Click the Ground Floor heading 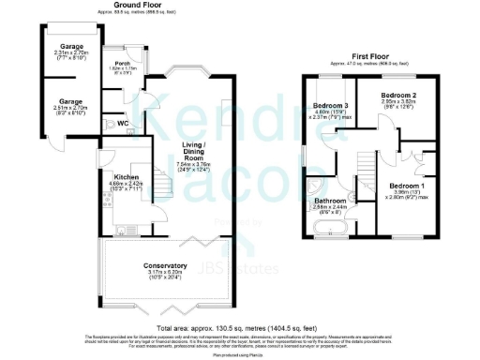(x=135, y=5)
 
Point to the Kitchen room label (x=127, y=176)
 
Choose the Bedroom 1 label (x=408, y=186)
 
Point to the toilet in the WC (x=110, y=124)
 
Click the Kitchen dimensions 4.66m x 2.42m (x=127, y=185)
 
